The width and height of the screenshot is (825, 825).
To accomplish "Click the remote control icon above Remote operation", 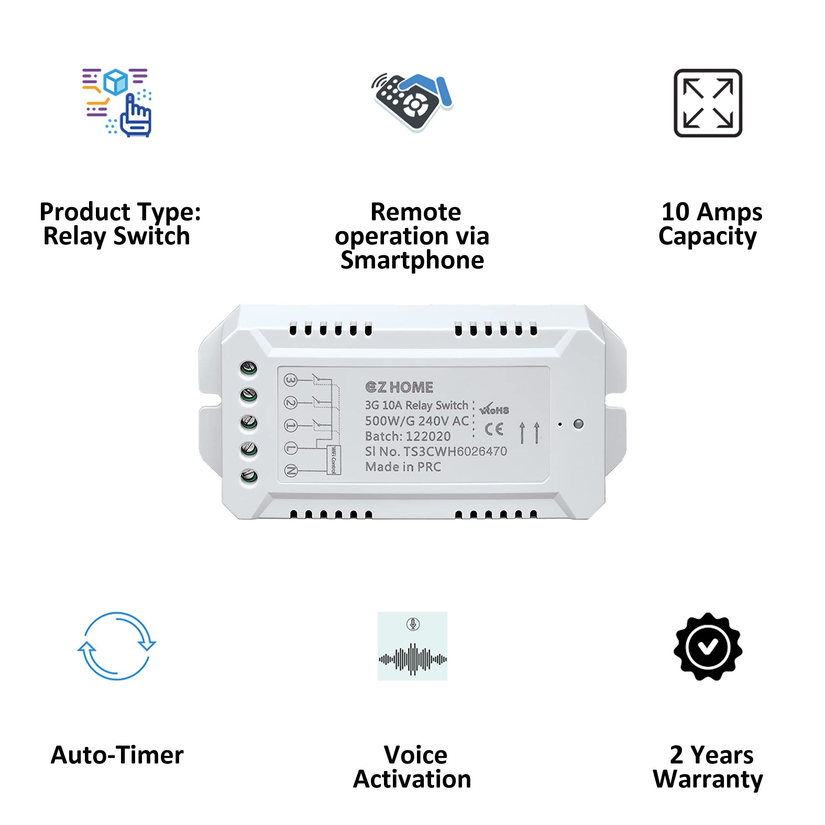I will click(412, 102).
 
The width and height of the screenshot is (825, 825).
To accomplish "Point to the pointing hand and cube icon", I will click(117, 102).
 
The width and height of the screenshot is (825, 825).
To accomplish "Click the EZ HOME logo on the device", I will click(399, 387).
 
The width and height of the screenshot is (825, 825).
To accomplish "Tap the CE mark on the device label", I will click(494, 429).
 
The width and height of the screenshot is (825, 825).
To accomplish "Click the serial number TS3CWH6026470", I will click(455, 451).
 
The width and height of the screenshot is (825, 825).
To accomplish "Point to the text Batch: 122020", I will click(407, 436).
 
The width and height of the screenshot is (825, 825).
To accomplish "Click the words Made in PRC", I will click(403, 467).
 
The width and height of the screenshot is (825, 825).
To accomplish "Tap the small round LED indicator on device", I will click(578, 424).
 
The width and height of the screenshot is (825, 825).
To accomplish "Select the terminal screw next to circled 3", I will click(249, 368).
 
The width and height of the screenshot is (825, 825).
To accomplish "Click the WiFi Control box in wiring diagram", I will click(333, 460).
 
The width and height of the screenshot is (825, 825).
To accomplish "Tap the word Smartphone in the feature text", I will click(412, 260).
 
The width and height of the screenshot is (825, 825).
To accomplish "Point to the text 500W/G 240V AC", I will click(417, 421).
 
